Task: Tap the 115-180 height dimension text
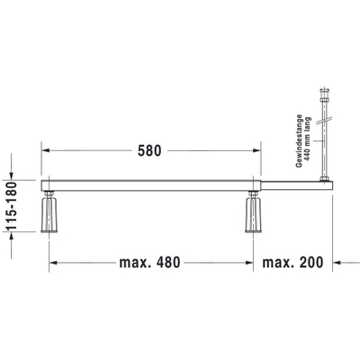(11, 205)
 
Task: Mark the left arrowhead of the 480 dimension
(53, 264)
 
